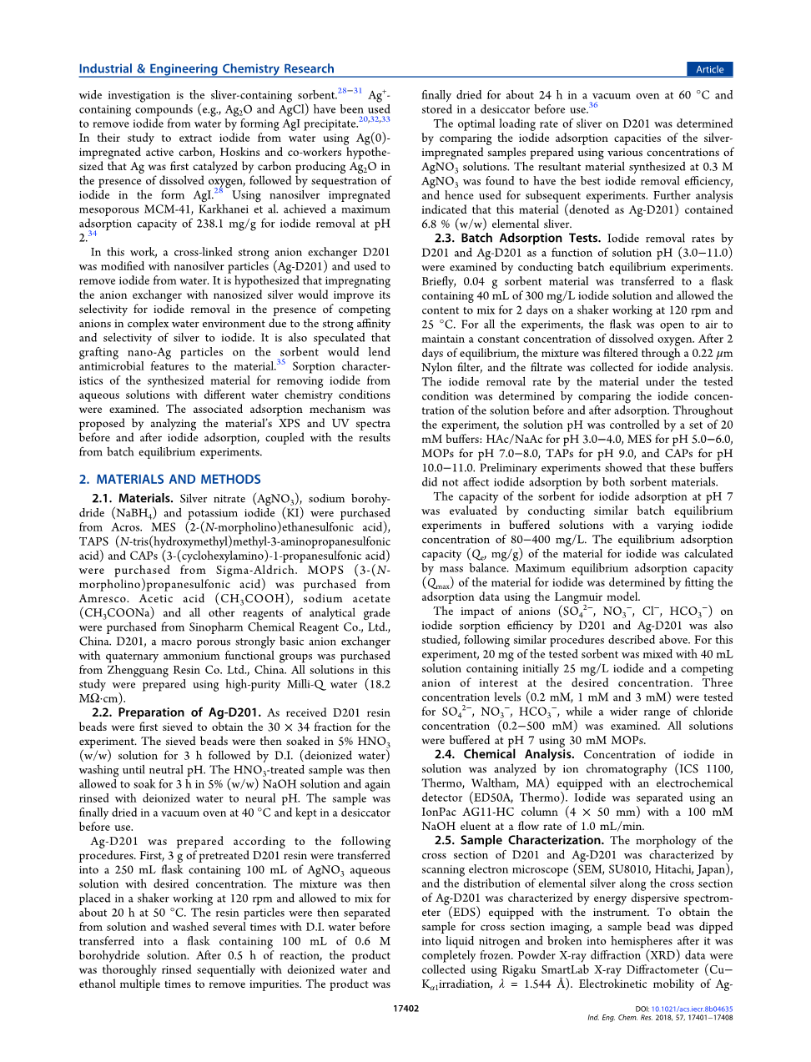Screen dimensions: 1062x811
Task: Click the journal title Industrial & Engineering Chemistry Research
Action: [206, 69]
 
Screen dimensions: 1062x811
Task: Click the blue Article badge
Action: [709, 69]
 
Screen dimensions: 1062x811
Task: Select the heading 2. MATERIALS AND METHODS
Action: [170, 479]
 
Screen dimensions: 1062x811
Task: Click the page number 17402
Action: [405, 1008]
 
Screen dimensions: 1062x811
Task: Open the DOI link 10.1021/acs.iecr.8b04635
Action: [692, 1009]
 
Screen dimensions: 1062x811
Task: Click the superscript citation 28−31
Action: [350, 91]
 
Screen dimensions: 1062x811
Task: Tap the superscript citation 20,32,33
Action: [374, 119]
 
